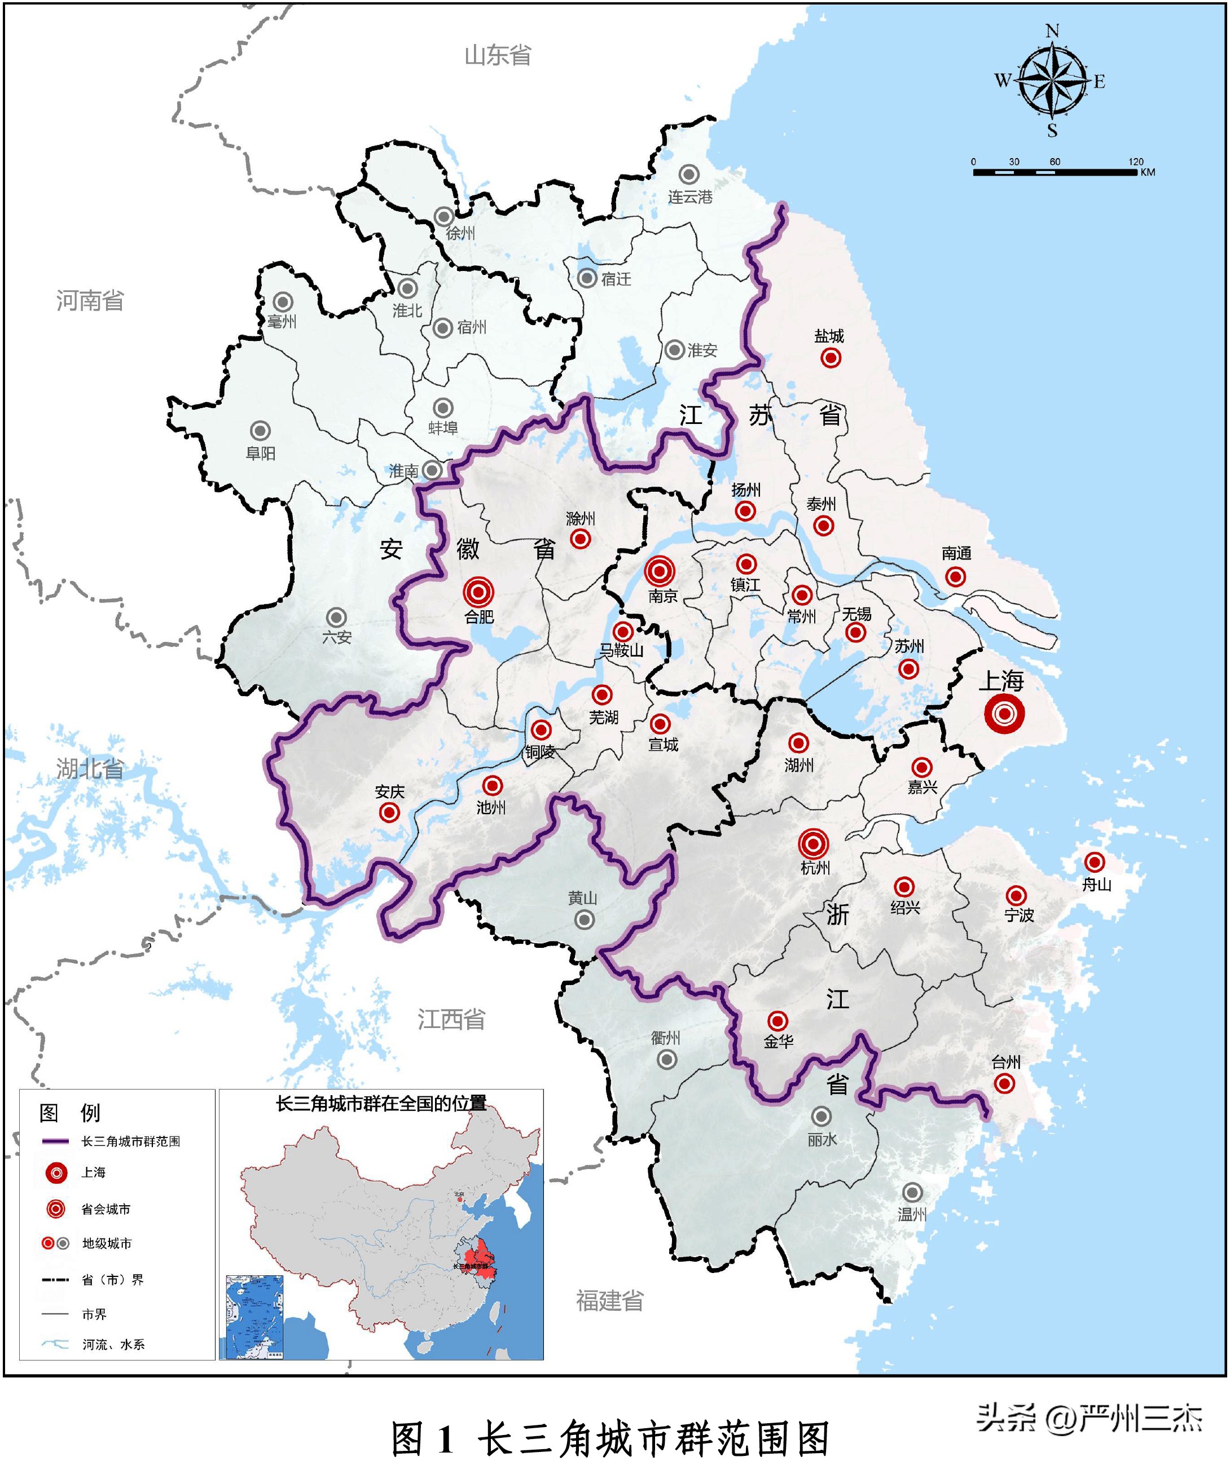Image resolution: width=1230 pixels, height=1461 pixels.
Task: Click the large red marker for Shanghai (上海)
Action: click(x=1004, y=714)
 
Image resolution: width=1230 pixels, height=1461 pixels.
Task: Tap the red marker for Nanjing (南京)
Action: click(x=659, y=571)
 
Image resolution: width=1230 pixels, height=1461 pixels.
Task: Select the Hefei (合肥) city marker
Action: click(x=478, y=592)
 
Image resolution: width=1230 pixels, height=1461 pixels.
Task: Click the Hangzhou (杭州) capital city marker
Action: click(x=813, y=843)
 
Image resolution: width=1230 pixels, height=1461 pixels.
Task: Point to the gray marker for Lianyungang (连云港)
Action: click(x=689, y=174)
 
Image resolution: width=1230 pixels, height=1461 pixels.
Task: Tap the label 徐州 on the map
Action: click(x=460, y=233)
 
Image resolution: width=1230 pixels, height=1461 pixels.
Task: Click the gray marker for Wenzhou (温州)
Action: click(x=912, y=1192)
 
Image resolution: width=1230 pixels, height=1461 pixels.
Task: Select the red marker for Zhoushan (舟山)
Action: click(x=1094, y=861)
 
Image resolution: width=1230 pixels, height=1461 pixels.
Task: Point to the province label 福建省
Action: click(x=609, y=1301)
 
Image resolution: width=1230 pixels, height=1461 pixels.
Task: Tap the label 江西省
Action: click(x=451, y=1020)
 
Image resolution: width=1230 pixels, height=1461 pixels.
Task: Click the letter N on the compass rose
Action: click(x=1052, y=30)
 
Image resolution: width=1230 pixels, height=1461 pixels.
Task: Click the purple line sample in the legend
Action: click(x=56, y=1141)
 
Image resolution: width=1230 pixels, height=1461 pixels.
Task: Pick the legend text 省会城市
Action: click(x=106, y=1209)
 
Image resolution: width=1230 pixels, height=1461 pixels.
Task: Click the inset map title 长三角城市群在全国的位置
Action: click(x=381, y=1103)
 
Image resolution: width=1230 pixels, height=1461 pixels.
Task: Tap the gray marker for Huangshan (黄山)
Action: click(x=585, y=920)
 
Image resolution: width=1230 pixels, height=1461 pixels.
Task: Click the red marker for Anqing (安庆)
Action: click(x=389, y=812)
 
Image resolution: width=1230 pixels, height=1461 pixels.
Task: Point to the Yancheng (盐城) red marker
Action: click(x=830, y=358)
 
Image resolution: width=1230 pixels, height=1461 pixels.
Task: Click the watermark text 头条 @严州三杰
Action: click(x=1089, y=1419)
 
